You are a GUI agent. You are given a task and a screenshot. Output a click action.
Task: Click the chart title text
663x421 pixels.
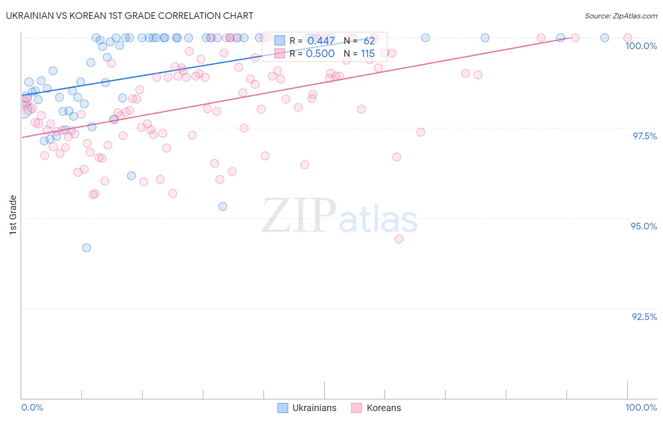pos(130,16)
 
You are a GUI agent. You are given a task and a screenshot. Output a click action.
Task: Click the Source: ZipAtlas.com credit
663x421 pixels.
pos(621,16)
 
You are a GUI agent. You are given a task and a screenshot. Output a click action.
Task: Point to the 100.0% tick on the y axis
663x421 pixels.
pos(641,46)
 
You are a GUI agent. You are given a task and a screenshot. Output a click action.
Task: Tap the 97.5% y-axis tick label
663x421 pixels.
pos(644,136)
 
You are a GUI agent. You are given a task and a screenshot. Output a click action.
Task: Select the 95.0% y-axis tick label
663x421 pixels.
pos(644,226)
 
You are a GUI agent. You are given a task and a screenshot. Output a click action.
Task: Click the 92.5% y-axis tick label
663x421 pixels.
pos(644,317)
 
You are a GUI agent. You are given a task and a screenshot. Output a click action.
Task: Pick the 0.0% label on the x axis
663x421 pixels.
pos(32,407)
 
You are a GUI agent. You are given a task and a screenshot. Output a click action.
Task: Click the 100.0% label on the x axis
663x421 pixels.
pos(641,407)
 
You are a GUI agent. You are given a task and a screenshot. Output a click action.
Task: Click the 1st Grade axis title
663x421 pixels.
pos(13,215)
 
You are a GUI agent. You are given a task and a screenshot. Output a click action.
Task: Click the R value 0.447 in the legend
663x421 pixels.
pos(321,41)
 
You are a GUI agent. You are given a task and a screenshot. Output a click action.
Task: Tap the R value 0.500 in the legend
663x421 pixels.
pos(320,54)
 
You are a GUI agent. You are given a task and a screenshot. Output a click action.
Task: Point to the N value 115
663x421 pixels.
pos(368,54)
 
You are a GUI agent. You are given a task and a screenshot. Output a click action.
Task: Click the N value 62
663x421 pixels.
pos(369,41)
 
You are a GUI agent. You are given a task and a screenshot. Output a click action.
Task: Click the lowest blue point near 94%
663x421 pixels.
pos(86,248)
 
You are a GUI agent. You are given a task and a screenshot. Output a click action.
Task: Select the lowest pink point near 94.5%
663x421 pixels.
pos(399,239)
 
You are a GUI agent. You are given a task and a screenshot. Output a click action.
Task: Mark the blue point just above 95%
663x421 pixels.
pos(223,206)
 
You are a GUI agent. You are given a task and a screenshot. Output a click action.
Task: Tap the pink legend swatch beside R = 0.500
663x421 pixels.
pos(280,54)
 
